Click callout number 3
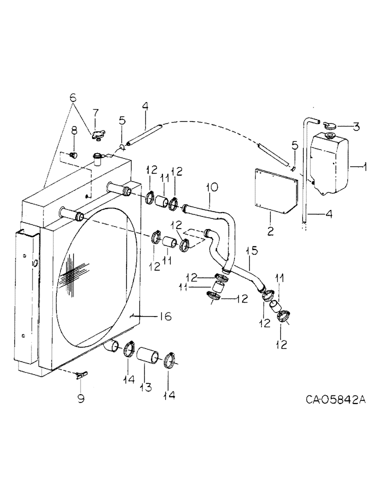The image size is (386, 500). click(x=355, y=126)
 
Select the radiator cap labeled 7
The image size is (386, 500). click(x=97, y=133)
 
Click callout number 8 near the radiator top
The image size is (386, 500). click(x=74, y=131)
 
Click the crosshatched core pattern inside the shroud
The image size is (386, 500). click(x=72, y=277)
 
